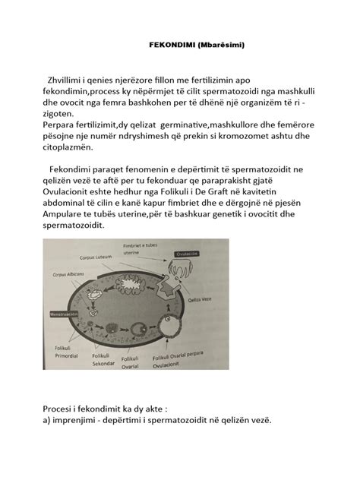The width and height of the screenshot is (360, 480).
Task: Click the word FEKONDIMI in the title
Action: (169, 45)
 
